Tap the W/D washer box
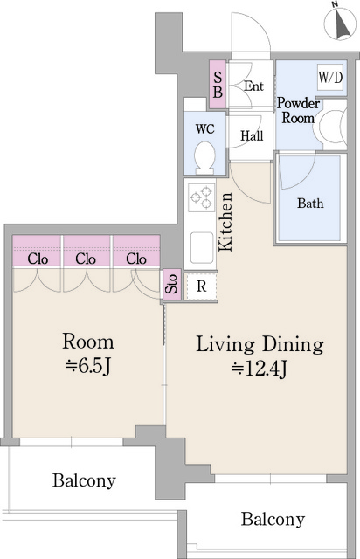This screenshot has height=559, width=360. [330, 79]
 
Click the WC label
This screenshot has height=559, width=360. [204, 128]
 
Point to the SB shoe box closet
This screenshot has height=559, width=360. [218, 84]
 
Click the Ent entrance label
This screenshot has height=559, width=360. [254, 86]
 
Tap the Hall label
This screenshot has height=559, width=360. [253, 135]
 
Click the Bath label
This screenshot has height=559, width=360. [310, 204]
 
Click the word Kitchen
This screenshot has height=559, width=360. [225, 222]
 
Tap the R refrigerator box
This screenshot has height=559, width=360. [201, 285]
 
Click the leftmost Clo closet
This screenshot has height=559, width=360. [37, 258]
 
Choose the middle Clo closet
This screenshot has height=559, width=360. [86, 258]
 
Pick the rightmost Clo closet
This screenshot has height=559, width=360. [135, 258]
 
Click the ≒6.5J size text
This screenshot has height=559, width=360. [87, 364]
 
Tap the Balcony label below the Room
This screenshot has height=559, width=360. [84, 480]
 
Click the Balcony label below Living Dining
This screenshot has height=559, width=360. [273, 520]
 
